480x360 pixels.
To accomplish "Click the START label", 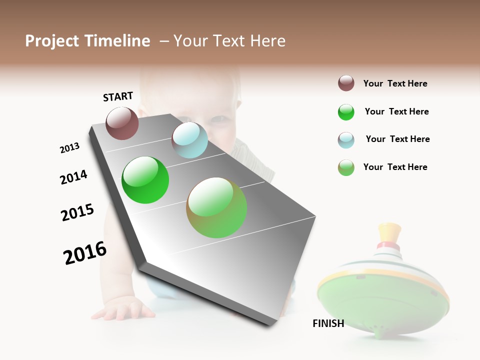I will [118, 96].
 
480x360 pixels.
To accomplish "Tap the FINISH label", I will [328, 323].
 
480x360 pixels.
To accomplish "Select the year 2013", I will [69, 148].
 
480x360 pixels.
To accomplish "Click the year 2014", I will [73, 177].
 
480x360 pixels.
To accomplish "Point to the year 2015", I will [77, 212].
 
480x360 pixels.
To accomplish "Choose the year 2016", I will [85, 252].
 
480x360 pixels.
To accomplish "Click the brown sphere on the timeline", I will [122, 123].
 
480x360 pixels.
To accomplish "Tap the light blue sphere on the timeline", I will [189, 140].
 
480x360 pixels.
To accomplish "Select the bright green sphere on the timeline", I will [145, 180].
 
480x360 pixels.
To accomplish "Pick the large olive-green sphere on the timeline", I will [216, 207].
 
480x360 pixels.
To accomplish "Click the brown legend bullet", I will [346, 83].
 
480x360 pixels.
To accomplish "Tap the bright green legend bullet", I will [346, 112].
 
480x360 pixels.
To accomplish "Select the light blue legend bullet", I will [346, 140].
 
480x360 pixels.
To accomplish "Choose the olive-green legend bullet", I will [346, 167].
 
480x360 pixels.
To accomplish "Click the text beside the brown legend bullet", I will [395, 83].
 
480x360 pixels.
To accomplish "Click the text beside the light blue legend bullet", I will [397, 139].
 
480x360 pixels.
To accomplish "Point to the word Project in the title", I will [52, 41].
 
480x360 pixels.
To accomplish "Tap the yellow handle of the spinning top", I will [390, 232].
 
